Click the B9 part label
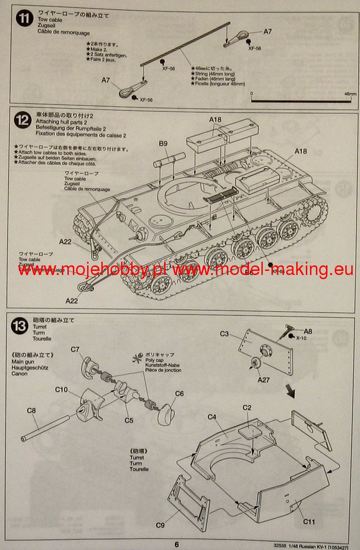pos(163,143)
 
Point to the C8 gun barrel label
pos(31,410)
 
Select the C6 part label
pos(179,393)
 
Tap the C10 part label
pos(61,390)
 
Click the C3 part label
pos(224,334)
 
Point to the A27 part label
pos(264,380)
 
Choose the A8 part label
pos(308,331)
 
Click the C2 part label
pos(247,407)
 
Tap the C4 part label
pos(212,417)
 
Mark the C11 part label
pos(309,521)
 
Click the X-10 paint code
pos(301,338)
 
